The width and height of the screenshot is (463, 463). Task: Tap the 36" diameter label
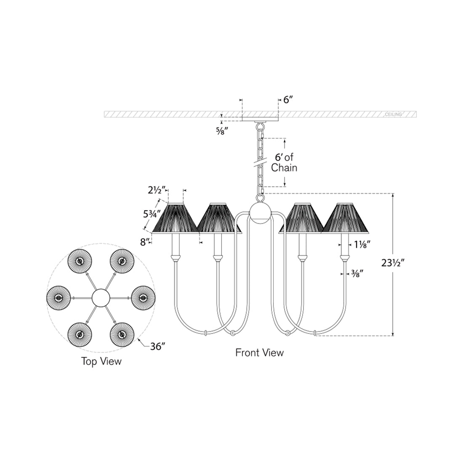coord(157,346)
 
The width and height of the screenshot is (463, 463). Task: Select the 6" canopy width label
coord(287,100)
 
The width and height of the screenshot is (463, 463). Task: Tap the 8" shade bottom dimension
coord(145,242)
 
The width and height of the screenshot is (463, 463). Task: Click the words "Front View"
coord(259,352)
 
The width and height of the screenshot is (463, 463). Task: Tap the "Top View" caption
coord(101,361)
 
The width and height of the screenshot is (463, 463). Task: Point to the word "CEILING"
coord(393,114)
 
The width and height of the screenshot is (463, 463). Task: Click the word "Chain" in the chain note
coord(284,168)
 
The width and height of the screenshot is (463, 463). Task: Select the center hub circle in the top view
coord(100,298)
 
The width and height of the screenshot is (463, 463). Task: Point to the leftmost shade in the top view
coord(58,298)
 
